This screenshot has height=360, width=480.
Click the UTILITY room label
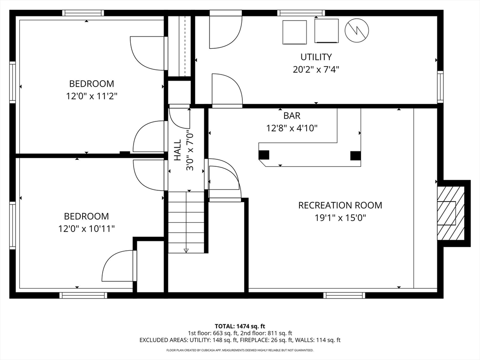(x=316, y=57)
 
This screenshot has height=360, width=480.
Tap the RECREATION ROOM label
(x=340, y=205)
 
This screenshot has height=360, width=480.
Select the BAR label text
(x=292, y=116)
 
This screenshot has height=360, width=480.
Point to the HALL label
(x=178, y=150)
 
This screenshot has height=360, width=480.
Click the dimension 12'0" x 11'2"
(x=92, y=96)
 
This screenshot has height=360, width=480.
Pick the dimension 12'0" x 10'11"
(x=87, y=229)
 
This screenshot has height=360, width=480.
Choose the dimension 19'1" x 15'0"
(x=340, y=218)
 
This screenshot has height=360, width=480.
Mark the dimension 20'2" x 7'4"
(x=316, y=70)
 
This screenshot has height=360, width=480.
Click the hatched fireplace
(x=450, y=213)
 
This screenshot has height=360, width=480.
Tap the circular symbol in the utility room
(x=357, y=30)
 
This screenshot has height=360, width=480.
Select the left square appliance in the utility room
(x=294, y=32)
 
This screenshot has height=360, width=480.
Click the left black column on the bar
(x=264, y=155)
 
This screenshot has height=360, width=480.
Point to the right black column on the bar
(x=355, y=156)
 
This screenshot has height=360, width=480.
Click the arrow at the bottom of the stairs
(x=186, y=250)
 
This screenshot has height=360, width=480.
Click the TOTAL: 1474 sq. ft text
(x=240, y=326)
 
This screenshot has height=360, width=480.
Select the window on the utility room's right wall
(x=440, y=87)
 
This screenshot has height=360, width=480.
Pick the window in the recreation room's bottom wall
(x=345, y=295)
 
